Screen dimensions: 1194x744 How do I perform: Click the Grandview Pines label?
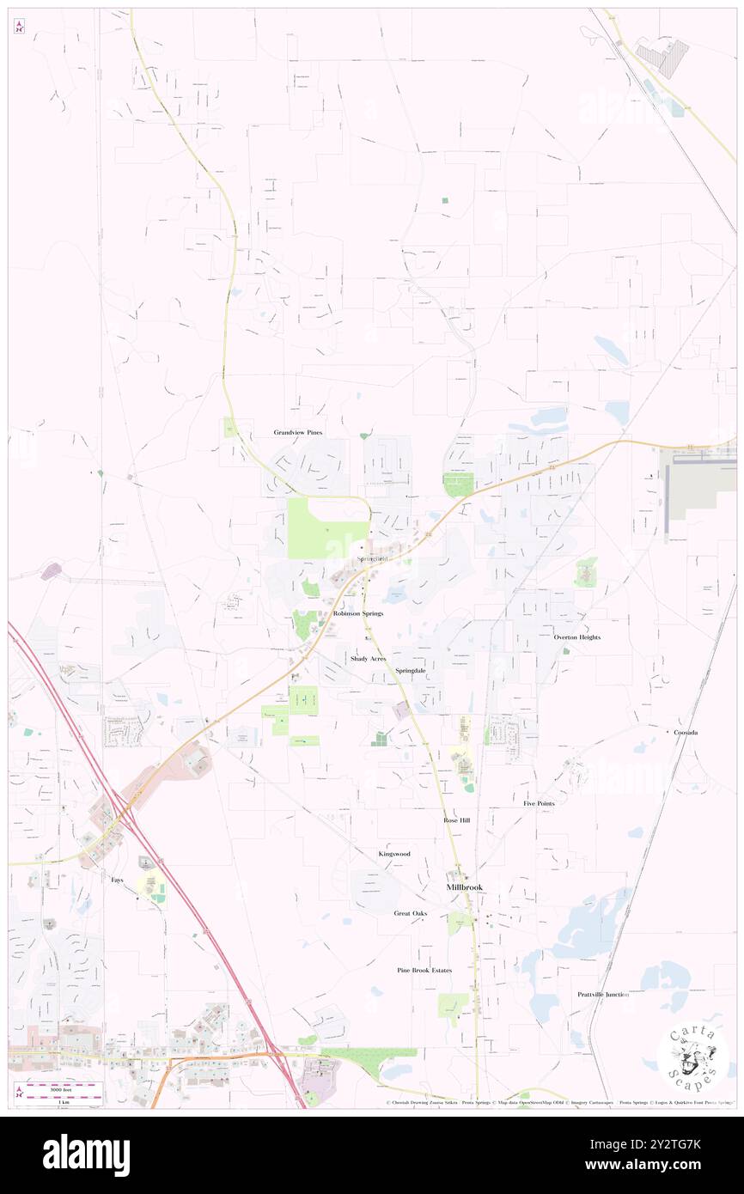coord(298,432)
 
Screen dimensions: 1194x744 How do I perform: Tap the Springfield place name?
coord(372,559)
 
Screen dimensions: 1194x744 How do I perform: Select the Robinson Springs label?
coord(357,614)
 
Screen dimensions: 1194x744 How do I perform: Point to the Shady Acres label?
coord(368,658)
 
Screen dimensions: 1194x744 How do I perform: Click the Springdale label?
coord(411,670)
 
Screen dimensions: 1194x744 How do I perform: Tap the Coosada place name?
coord(685,732)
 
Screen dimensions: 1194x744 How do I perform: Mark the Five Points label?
coord(539,803)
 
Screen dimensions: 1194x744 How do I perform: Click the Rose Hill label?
coord(457,820)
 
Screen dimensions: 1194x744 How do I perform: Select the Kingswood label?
coord(394,854)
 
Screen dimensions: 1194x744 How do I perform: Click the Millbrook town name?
coord(464,886)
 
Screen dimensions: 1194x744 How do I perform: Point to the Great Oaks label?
coord(411,913)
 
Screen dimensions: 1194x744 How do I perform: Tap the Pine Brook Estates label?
coord(424,970)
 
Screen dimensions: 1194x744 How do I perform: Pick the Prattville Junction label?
coord(603,994)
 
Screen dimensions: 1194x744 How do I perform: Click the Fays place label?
coord(117,880)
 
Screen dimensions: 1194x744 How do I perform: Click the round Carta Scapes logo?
coord(692,1058)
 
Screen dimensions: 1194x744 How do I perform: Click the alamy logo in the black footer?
coord(86,1154)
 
